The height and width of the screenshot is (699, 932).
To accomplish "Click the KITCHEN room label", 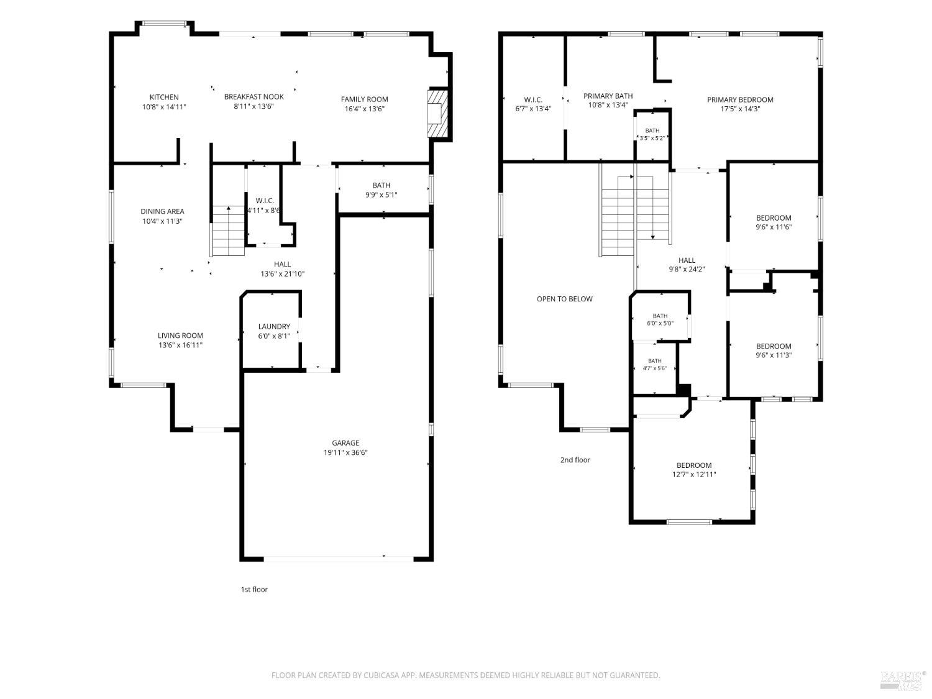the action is click(x=164, y=97).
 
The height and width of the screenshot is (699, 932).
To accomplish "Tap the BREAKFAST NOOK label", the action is click(x=254, y=97).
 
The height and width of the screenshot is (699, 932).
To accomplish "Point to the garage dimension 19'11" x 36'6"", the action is click(x=345, y=452).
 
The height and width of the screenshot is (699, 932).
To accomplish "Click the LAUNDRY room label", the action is click(x=274, y=326).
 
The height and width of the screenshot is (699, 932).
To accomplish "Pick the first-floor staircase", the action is click(x=229, y=231).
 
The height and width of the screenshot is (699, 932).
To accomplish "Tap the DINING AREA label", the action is click(x=162, y=211).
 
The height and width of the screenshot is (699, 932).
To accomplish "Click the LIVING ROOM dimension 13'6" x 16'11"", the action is click(x=180, y=345).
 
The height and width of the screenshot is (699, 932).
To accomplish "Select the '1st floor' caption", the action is click(x=254, y=589).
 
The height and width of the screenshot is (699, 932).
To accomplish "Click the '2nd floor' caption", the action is click(x=575, y=460).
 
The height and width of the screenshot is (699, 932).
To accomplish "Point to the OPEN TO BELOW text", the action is click(x=564, y=299).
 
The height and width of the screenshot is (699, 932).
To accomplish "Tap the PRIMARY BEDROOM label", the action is click(x=739, y=100).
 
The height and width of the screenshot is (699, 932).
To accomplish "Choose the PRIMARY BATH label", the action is click(x=608, y=96).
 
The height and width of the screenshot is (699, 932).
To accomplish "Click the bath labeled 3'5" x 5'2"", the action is click(x=652, y=134).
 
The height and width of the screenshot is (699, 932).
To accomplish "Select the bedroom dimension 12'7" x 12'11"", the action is click(x=694, y=475).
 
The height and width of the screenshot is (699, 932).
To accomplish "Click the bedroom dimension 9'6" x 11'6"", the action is click(x=773, y=227).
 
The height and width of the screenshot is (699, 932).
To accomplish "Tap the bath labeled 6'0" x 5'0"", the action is click(x=660, y=319).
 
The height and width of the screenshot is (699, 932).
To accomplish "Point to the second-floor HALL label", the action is click(x=687, y=260).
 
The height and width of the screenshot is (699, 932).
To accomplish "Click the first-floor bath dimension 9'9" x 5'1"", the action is click(x=381, y=195).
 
